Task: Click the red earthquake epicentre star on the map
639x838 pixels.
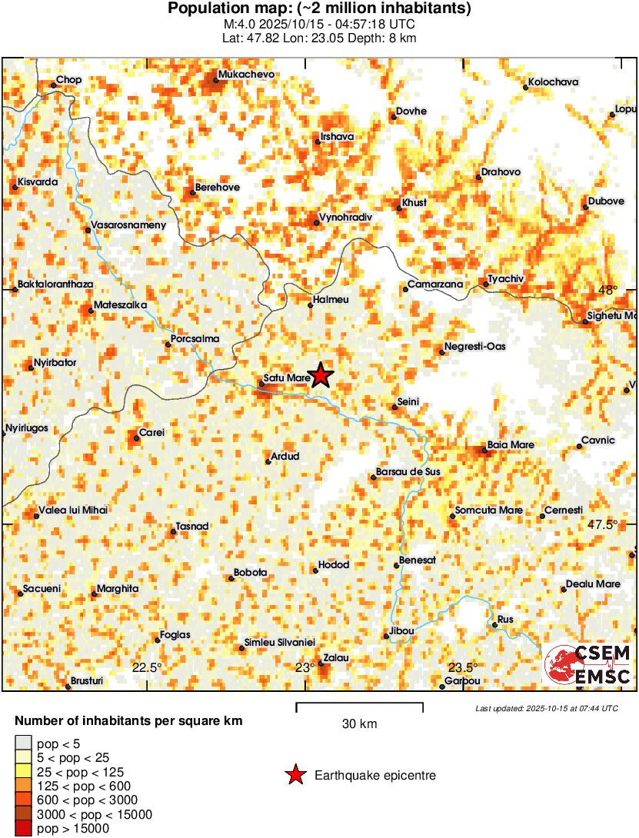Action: pos(321,375)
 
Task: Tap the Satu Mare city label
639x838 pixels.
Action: pos(286,377)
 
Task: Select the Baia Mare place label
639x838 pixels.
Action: pos(511,444)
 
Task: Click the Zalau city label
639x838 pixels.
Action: pos(335,658)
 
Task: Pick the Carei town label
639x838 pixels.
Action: pos(151,433)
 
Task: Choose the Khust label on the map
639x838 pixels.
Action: pos(414,203)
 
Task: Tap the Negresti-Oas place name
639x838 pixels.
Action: pos(474,347)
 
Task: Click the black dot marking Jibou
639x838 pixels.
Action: pos(386,636)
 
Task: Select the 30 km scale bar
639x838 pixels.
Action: pos(359,704)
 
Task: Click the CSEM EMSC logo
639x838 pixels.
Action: pos(587,665)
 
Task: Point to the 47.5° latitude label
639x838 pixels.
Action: pos(602,524)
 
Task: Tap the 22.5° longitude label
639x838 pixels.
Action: pos(147,667)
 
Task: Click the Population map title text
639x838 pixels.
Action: pos(319,9)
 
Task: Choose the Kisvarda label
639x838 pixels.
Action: pos(37,182)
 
